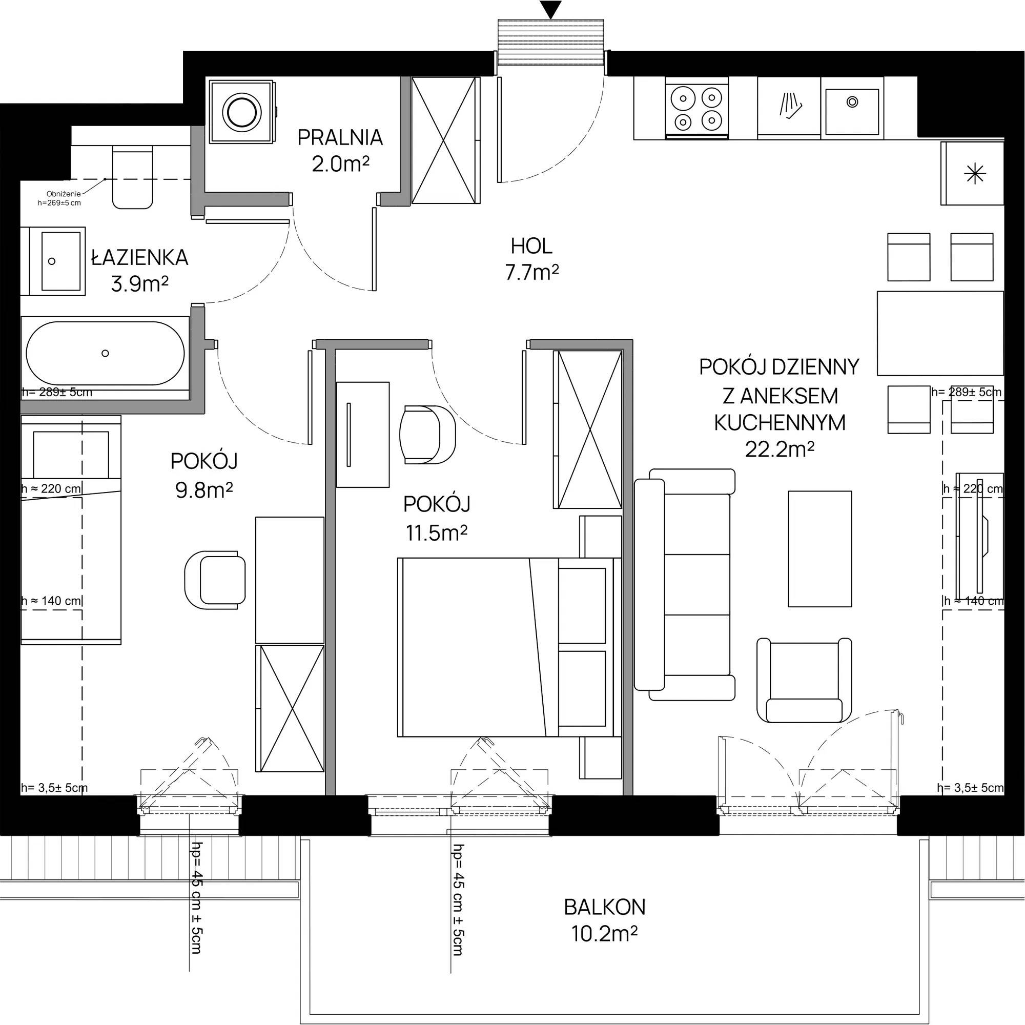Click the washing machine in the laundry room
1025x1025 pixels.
coord(243,111)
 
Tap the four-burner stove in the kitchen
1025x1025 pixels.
coord(696,108)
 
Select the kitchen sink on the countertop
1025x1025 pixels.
coord(851,108)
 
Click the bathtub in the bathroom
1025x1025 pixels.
coord(106,353)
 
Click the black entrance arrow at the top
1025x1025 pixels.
coord(551,10)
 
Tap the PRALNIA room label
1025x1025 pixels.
coord(340,137)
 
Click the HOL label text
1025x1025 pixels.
coord(531,246)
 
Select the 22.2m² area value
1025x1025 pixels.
coord(780,450)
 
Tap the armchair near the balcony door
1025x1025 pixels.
coord(804,680)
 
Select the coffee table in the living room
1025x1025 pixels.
coord(819,548)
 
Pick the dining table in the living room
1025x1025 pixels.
coord(940,333)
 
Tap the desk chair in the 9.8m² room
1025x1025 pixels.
coord(215,580)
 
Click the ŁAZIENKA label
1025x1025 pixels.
coord(139,258)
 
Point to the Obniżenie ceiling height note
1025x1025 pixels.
coord(63,198)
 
